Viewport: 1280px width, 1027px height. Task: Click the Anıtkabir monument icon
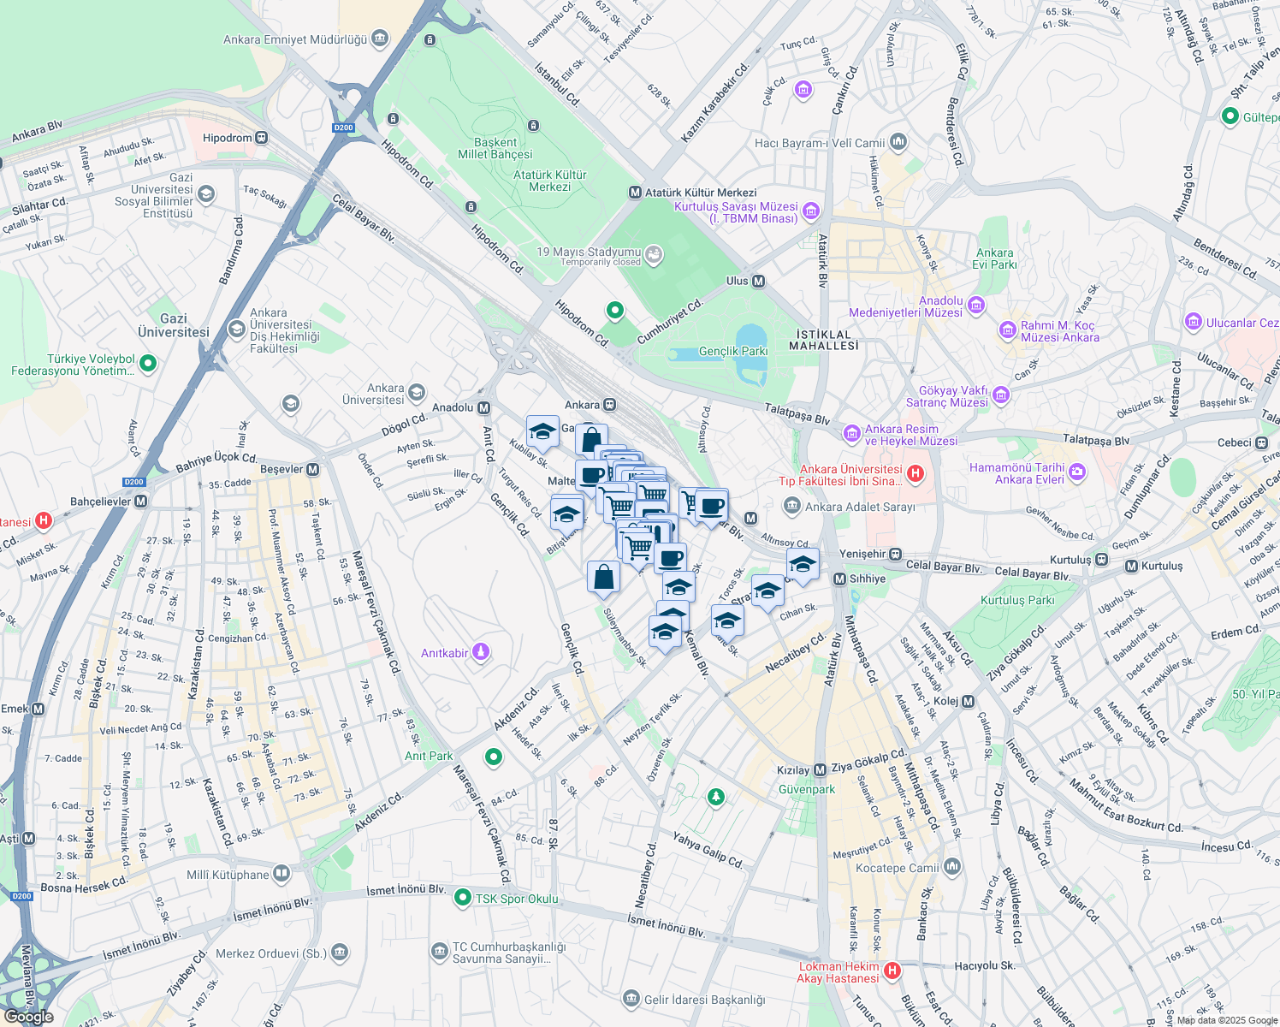(x=481, y=653)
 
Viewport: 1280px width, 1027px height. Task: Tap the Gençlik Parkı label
(x=733, y=351)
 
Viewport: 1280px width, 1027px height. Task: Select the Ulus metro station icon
(x=758, y=281)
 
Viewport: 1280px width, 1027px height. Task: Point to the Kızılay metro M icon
(x=820, y=770)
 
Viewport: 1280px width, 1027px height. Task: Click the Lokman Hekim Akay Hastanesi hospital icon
(x=892, y=971)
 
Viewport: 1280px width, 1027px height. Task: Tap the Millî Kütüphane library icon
(x=281, y=874)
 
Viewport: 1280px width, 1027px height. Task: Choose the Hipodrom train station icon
(x=261, y=138)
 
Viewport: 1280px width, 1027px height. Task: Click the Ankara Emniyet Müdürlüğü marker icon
(x=379, y=39)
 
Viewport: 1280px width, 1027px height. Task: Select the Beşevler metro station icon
(x=313, y=469)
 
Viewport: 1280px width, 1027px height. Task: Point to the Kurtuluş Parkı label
(x=1017, y=600)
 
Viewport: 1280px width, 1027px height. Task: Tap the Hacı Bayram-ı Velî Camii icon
(x=898, y=141)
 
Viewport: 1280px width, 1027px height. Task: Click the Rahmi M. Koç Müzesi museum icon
(x=1007, y=329)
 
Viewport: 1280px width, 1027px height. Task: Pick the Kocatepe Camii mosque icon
(x=952, y=867)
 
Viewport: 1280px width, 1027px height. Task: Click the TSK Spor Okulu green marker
(x=463, y=898)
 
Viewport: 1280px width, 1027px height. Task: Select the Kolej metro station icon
(x=968, y=701)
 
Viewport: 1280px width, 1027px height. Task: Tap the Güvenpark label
(x=807, y=789)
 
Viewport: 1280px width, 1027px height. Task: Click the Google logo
(x=28, y=1017)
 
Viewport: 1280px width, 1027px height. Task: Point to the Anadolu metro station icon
(x=484, y=407)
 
